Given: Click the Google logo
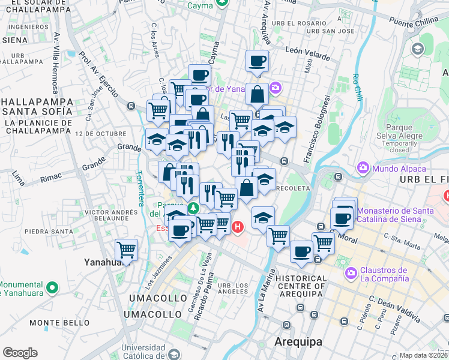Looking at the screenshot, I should tap(20, 353).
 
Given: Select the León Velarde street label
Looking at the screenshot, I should tap(308, 54).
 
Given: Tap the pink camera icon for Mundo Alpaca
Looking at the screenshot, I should tap(363, 167).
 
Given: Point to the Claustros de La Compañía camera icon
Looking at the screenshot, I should tap(351, 274).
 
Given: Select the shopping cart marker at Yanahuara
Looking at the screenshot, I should tap(126, 249).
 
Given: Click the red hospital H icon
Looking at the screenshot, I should tap(238, 227).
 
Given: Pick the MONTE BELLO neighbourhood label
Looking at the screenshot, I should tap(55, 323).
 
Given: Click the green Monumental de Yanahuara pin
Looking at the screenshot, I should tap(52, 288).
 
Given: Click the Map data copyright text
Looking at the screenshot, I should tap(424, 355).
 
